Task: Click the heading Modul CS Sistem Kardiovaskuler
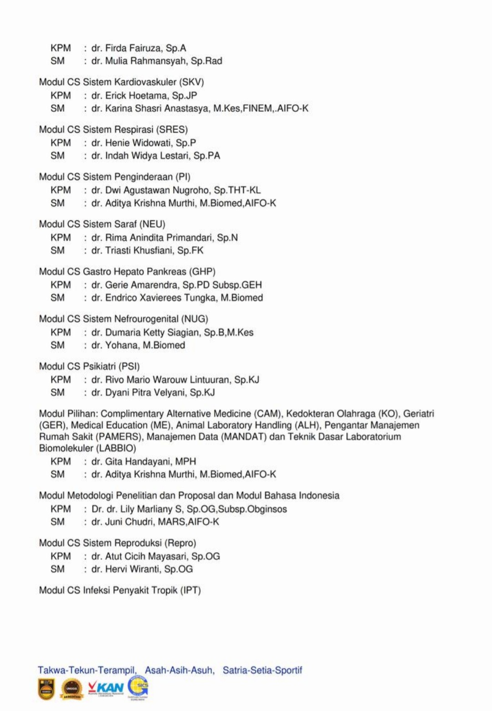pyautogui.click(x=121, y=82)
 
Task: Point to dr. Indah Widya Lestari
pyautogui.click(x=155, y=156)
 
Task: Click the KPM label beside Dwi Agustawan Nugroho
pyautogui.click(x=61, y=190)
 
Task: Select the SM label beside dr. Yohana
pyautogui.click(x=57, y=345)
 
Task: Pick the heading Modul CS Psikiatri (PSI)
pyautogui.click(x=89, y=366)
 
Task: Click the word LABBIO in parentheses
pyautogui.click(x=117, y=448)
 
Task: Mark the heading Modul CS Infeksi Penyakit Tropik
pyautogui.click(x=120, y=590)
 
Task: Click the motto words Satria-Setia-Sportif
pyautogui.click(x=262, y=670)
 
